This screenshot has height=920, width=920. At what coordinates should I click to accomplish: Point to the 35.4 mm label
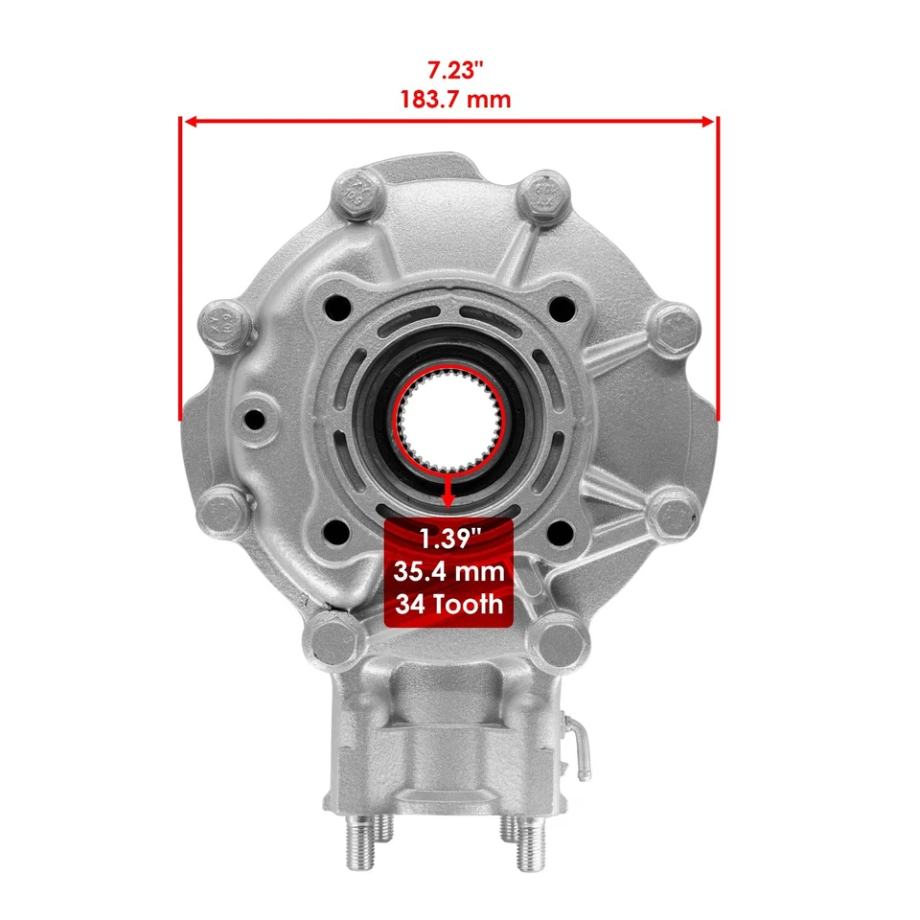click(x=448, y=572)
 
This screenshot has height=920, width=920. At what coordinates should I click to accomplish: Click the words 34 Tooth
click(x=448, y=605)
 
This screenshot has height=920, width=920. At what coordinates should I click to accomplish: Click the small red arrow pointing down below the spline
click(x=448, y=495)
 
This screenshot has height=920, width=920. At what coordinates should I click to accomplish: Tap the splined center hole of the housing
click(x=448, y=422)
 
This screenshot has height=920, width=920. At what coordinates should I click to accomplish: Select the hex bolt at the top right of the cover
click(x=542, y=198)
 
